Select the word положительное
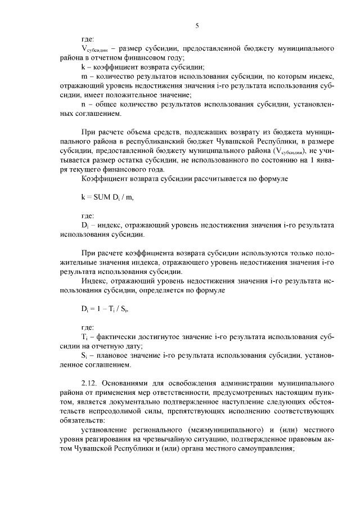(126, 95)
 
